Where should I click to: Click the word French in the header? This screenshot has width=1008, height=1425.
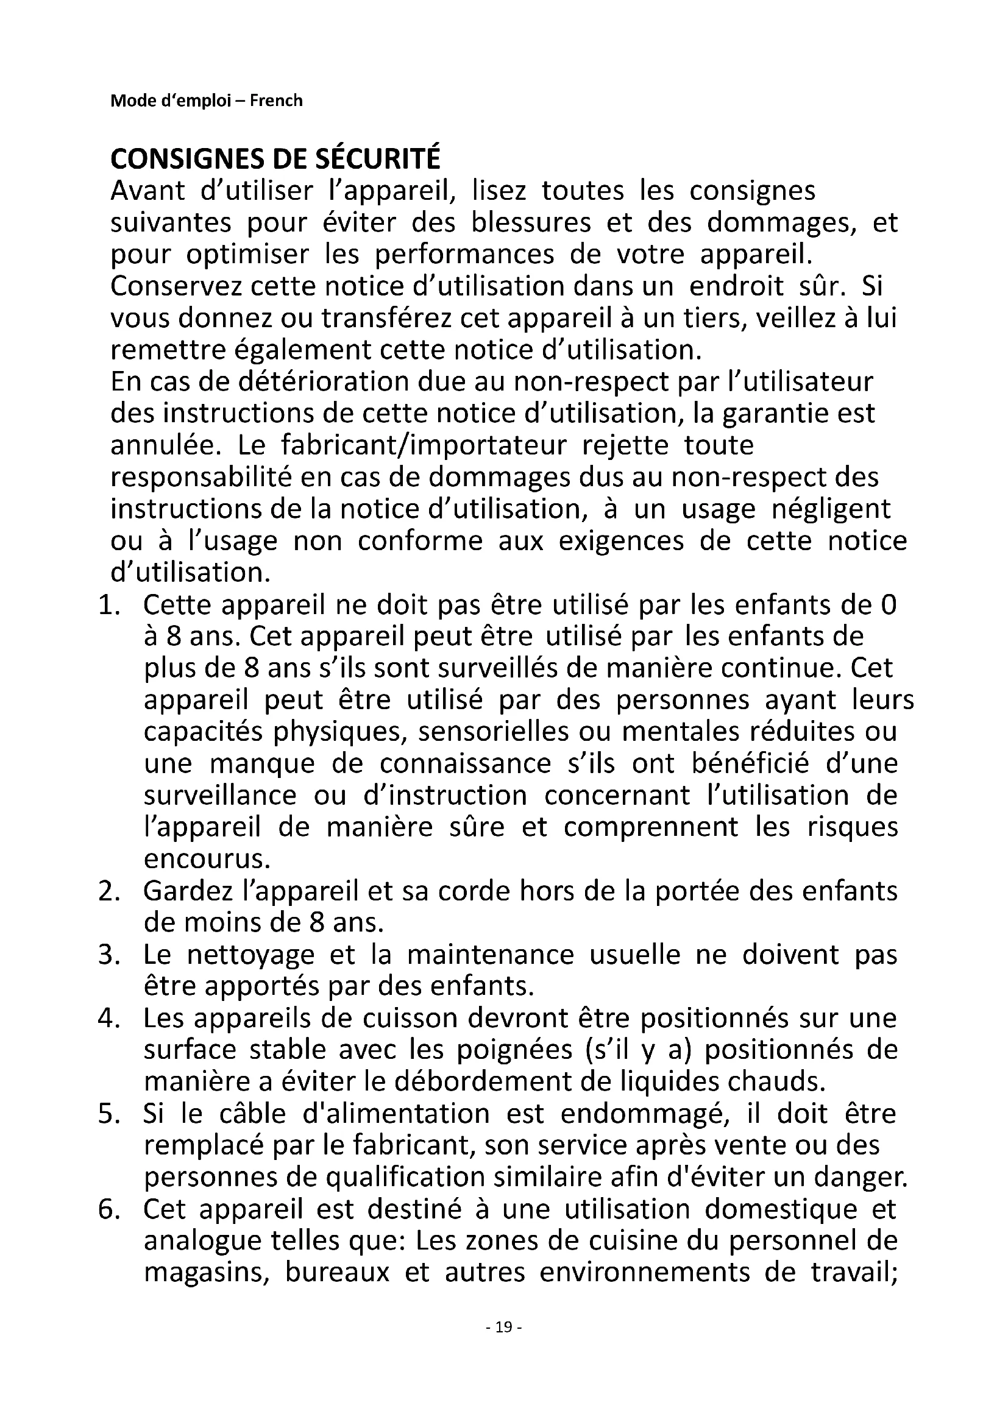[276, 101]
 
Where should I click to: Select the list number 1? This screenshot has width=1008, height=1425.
[108, 605]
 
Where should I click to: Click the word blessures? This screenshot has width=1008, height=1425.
[531, 223]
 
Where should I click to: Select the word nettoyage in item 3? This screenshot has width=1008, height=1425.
[250, 955]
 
